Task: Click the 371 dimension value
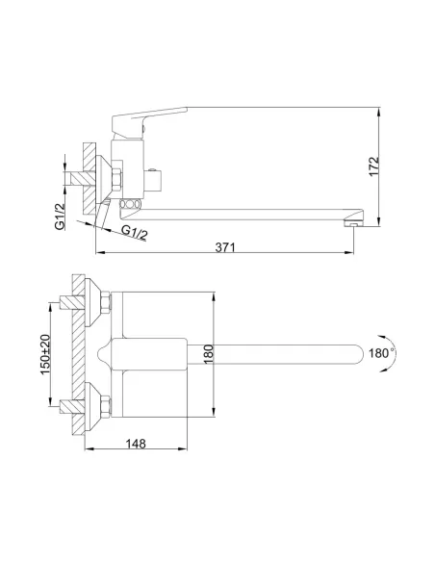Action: click(x=225, y=247)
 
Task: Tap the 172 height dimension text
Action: click(x=373, y=166)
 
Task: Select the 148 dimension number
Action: click(x=136, y=444)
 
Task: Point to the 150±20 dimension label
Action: click(x=45, y=354)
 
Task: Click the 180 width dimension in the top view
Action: click(x=208, y=354)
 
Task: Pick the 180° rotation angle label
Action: click(x=381, y=353)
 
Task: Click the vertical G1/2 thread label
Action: click(x=60, y=216)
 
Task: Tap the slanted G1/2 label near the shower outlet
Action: click(x=135, y=232)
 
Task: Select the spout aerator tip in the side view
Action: click(x=353, y=224)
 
